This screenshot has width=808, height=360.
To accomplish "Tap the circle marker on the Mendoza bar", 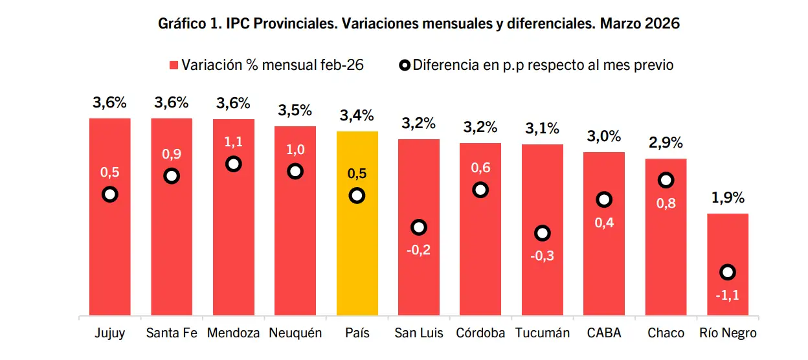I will click(x=234, y=164).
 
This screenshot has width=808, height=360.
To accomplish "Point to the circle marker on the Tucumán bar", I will click(x=543, y=233).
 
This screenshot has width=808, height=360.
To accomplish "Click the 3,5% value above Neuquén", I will click(x=295, y=110).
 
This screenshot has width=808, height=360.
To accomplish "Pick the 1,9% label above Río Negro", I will click(x=728, y=198).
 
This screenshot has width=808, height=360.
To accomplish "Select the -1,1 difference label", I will click(x=728, y=296).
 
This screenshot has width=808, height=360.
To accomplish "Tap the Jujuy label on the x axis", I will click(x=110, y=333).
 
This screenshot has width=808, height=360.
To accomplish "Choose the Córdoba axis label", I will click(x=480, y=333).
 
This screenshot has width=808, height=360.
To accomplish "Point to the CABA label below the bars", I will click(x=604, y=333).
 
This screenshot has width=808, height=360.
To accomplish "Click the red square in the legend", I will click(x=174, y=65).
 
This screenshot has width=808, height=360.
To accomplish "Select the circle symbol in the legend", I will click(x=404, y=65).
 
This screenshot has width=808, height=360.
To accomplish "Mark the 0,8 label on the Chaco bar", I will click(x=666, y=203).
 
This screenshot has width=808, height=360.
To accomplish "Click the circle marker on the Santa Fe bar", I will click(x=172, y=175).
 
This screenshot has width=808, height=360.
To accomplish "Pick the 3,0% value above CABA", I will click(x=604, y=137).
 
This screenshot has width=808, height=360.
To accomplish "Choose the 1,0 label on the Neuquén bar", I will click(x=295, y=149).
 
